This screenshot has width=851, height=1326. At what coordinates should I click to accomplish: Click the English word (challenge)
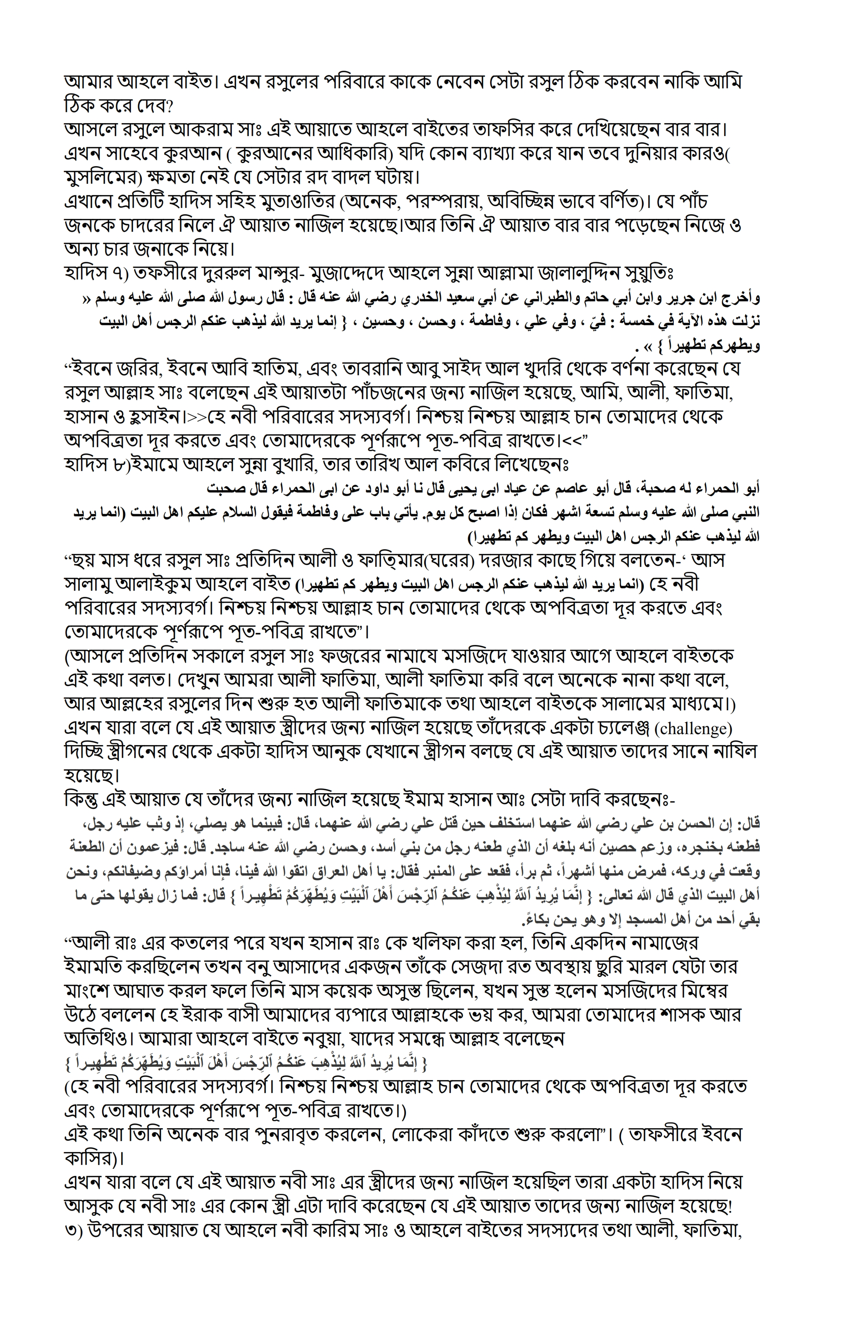[693, 729]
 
